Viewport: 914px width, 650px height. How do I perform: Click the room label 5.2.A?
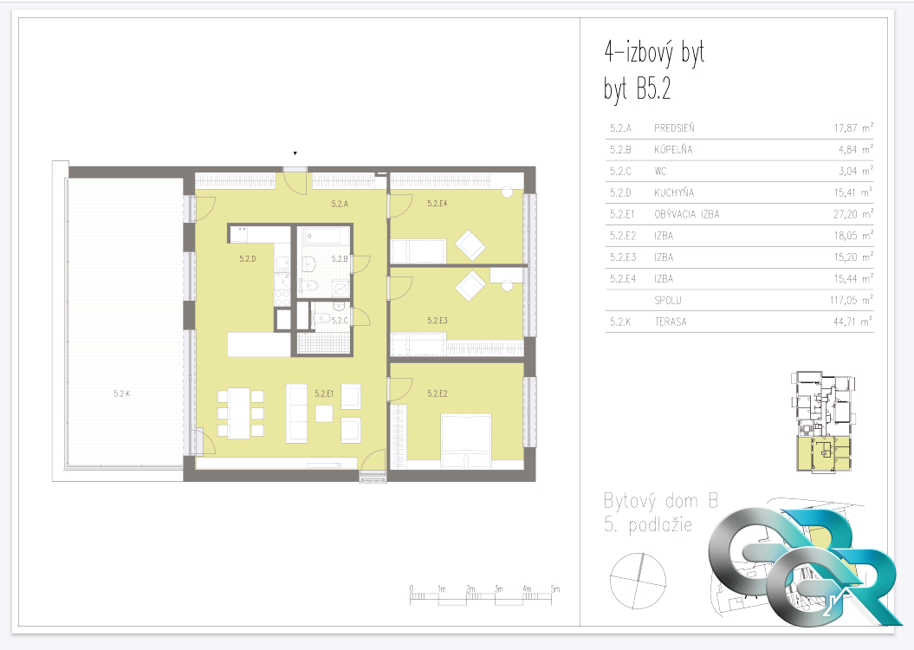(x=340, y=204)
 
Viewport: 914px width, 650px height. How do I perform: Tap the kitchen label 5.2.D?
(x=247, y=259)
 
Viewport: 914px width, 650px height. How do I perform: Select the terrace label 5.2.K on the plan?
(x=122, y=393)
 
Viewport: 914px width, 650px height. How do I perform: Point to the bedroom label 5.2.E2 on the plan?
(x=438, y=393)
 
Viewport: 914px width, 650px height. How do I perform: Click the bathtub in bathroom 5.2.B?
(x=323, y=237)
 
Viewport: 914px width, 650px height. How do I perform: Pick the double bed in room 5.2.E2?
(x=466, y=441)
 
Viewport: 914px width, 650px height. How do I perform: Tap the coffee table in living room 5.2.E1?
(x=325, y=413)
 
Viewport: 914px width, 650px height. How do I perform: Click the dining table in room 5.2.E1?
(x=240, y=413)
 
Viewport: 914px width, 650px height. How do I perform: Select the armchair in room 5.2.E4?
(x=470, y=245)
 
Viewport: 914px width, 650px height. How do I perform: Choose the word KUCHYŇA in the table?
(x=674, y=192)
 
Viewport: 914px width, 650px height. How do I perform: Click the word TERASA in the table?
(x=671, y=322)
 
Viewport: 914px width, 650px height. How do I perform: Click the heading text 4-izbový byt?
(x=655, y=53)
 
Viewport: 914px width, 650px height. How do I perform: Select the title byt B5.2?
(x=638, y=90)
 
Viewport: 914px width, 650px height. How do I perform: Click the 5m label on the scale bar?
(x=555, y=588)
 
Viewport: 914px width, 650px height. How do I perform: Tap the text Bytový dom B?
(x=661, y=501)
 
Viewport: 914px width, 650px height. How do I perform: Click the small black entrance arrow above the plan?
(x=295, y=153)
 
